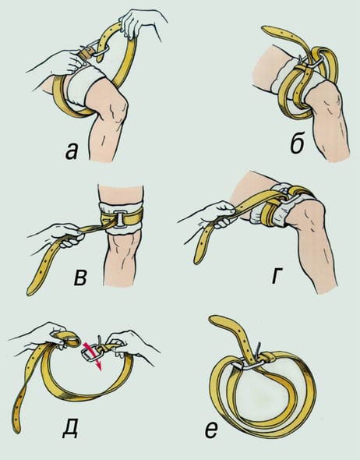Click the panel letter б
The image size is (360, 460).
click(297, 143)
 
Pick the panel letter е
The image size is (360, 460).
click(212, 430)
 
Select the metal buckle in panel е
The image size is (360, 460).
click(249, 358)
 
